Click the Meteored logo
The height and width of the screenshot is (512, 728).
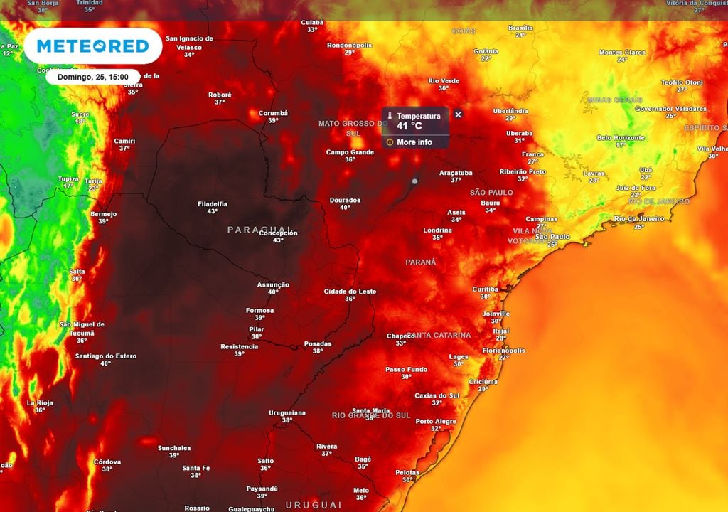coord(92,46)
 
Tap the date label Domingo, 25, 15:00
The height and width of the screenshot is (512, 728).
coord(93,77)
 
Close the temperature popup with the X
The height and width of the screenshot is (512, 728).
coord(458,114)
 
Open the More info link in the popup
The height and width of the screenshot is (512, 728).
coord(414,142)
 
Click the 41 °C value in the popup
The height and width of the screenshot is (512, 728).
coord(409,126)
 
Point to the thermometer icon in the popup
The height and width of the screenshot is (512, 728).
coord(390,116)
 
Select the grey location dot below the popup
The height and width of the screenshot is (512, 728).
coord(414,181)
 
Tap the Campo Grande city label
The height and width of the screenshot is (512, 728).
coord(350,152)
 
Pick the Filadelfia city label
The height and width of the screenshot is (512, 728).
coord(213,204)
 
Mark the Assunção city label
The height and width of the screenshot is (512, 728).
coord(273,285)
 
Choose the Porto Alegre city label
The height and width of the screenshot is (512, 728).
coord(436,422)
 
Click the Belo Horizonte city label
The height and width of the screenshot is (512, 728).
coord(621,137)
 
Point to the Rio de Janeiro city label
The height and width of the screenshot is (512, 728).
coord(639,219)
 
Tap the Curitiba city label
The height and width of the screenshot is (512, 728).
coord(486,289)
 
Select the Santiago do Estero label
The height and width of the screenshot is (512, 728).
coord(105,356)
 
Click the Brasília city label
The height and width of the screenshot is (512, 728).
coord(520,28)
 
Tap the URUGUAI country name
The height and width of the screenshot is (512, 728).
coord(314,504)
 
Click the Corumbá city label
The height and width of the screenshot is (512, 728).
coord(273,113)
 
